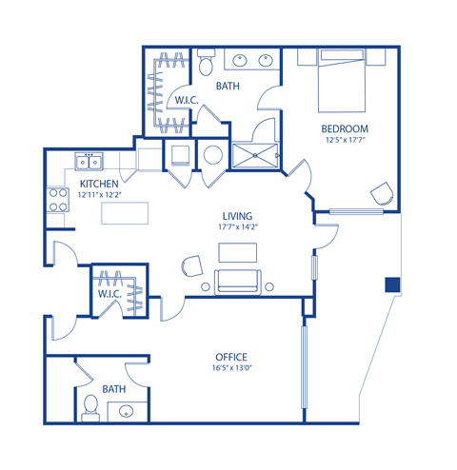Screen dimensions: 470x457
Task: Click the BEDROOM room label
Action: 344,128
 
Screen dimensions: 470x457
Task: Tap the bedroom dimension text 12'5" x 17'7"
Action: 344,141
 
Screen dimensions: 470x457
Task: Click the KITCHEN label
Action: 98,184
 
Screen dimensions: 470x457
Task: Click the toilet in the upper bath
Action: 207,65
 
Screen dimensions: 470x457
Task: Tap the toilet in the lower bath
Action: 90,407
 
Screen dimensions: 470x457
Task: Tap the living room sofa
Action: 237,282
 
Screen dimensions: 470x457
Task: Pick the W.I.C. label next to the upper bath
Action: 187,99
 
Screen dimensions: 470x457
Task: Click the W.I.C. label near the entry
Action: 109,294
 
